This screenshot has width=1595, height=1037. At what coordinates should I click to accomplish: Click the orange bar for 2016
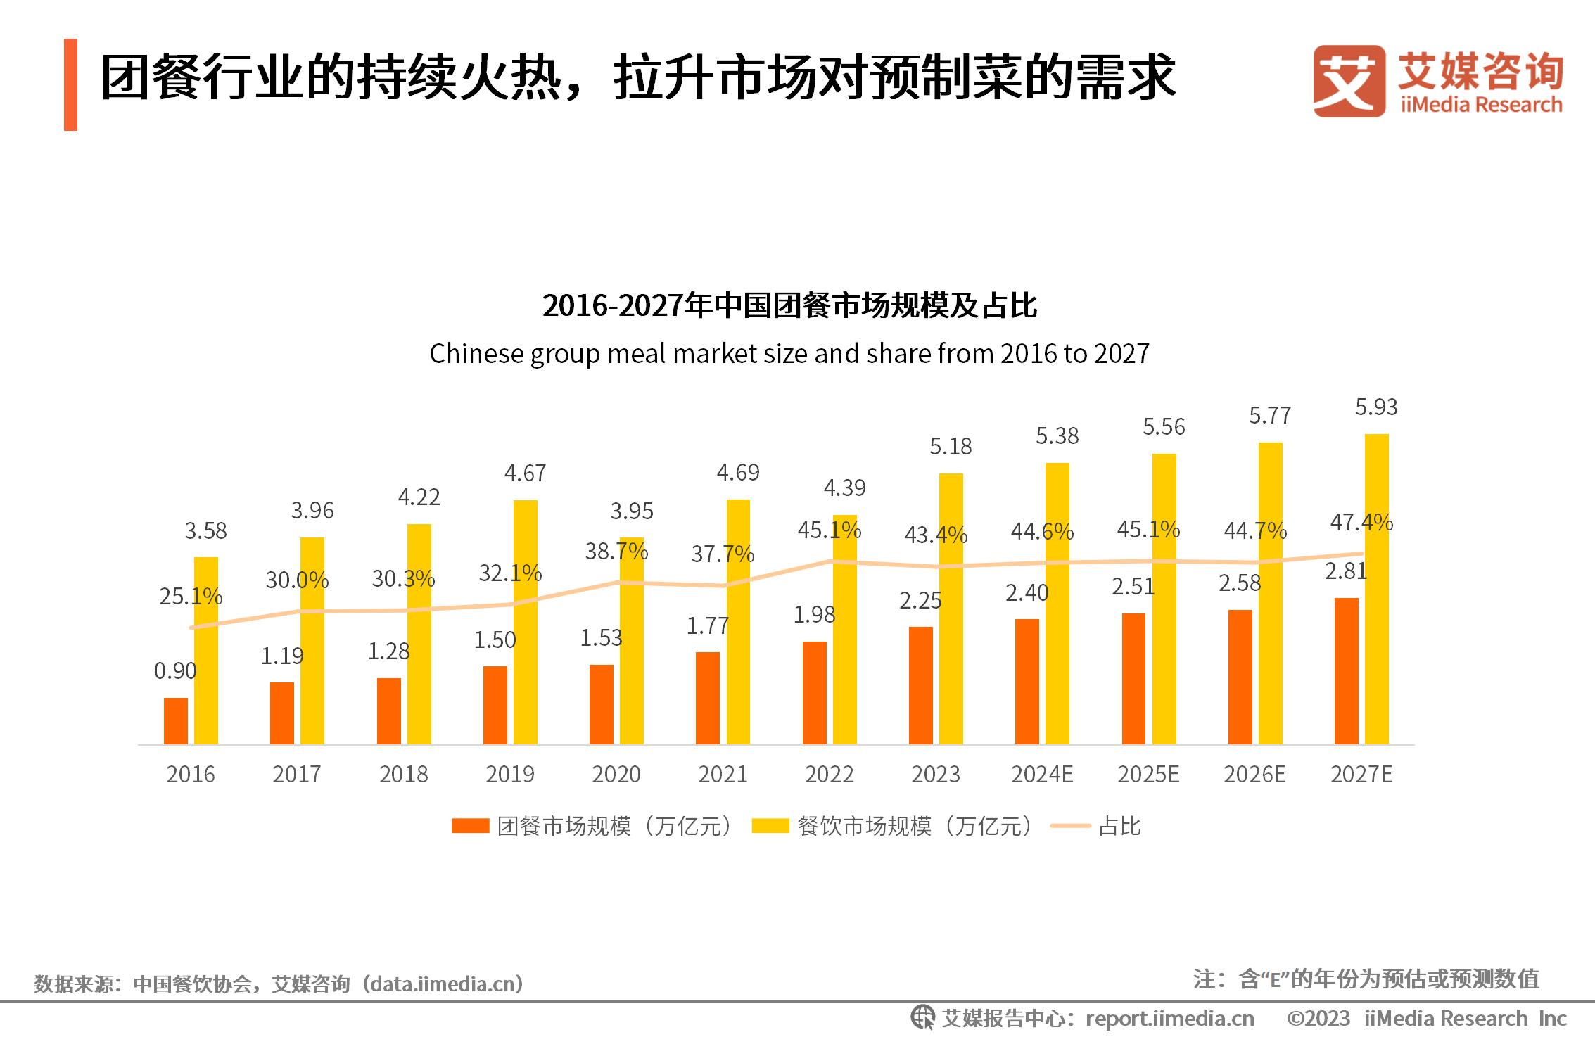point(176,720)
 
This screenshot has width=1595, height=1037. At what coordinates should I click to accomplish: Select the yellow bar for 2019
point(525,622)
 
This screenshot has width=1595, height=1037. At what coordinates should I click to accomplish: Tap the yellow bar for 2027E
point(1376,589)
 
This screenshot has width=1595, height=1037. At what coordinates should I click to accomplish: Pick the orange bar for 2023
point(920,685)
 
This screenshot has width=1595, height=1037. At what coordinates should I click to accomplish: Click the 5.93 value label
point(1376,407)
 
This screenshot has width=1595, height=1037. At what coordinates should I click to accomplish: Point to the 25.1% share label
point(190,597)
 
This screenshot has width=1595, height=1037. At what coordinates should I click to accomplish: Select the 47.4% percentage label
point(1361,523)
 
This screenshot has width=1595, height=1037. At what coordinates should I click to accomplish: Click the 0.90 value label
point(175,671)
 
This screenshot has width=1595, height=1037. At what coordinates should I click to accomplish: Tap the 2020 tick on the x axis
point(616,775)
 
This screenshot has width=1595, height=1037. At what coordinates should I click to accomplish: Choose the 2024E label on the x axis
point(1042,775)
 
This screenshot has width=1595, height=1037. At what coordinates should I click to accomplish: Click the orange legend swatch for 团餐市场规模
point(470,826)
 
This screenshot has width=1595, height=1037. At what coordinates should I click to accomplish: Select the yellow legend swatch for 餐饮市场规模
point(770,826)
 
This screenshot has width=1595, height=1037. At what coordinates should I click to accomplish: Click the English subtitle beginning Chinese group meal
point(789,354)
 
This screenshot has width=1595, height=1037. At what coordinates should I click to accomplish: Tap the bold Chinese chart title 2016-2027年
point(789,306)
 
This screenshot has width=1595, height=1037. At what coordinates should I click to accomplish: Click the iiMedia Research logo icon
point(1349,81)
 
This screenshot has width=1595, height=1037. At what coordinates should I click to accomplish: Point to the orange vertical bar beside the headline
point(70,84)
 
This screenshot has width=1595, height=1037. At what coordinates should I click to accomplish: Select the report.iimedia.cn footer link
point(1169,1019)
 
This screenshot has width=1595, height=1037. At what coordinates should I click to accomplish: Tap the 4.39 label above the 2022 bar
point(844,488)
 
